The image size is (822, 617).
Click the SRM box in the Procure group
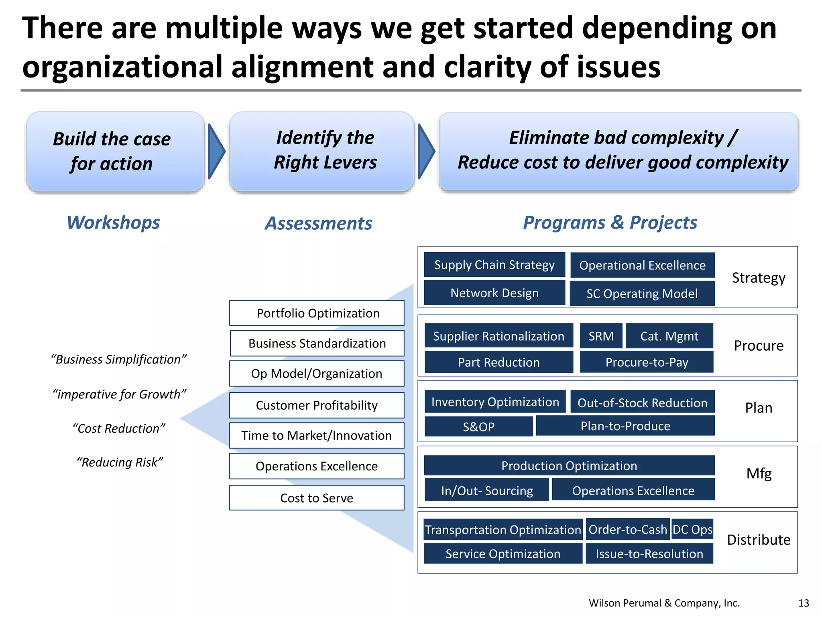coord(601,336)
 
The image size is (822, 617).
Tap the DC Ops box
coord(692,529)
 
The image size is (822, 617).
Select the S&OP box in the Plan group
coord(478,426)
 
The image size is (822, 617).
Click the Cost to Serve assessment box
coord(317,498)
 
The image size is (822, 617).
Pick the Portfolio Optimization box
coord(317,313)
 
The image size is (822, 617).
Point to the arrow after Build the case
coord(216,151)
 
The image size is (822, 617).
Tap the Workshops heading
coord(113,223)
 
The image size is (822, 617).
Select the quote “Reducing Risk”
coord(120,462)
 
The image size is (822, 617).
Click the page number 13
coord(804,603)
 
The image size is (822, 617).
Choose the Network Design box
coord(494,293)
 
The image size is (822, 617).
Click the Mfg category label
coord(759,474)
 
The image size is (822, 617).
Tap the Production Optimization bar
coord(569,466)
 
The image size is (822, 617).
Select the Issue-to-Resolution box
coord(649,554)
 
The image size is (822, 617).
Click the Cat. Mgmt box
coord(669,336)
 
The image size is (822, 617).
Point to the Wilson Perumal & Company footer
coord(664,603)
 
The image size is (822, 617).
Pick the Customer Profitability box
coord(317,405)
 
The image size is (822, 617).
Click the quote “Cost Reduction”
coord(119,429)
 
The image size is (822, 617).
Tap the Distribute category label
coord(759,540)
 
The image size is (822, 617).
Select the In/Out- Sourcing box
coord(486,490)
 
